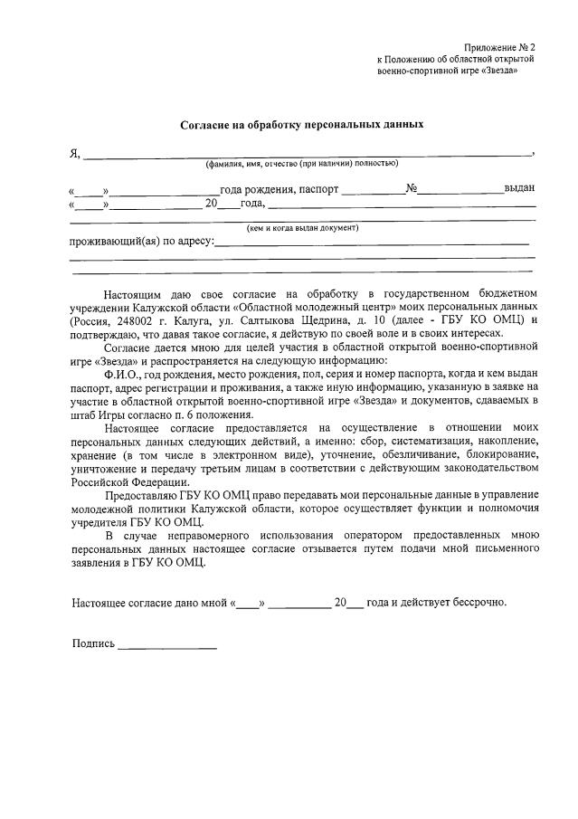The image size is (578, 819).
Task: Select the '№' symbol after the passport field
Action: click(x=411, y=190)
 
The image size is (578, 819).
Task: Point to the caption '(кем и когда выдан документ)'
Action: click(x=303, y=228)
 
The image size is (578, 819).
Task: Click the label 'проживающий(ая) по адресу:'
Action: click(x=142, y=242)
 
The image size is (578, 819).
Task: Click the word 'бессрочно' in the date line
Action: click(x=479, y=602)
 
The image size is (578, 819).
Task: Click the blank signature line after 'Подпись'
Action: click(x=167, y=648)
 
